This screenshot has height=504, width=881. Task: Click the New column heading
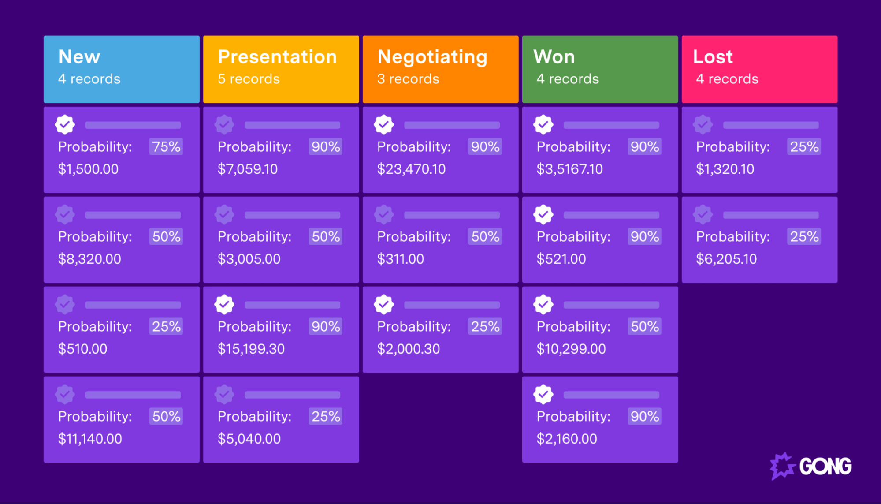point(79,57)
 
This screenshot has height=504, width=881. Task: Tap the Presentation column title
point(277,57)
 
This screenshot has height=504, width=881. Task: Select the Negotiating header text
point(432,57)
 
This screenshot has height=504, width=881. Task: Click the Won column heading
point(554,57)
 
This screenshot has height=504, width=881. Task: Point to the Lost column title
point(713,57)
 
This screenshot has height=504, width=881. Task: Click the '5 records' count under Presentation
point(249,79)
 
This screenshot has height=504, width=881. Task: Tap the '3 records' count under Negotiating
point(408,79)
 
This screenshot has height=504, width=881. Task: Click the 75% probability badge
point(166,147)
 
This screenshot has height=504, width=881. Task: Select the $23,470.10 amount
point(411,169)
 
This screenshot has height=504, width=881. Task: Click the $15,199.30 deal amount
point(251,349)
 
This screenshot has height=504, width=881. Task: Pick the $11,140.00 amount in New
point(90,439)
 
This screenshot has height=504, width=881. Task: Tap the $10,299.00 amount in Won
point(571,349)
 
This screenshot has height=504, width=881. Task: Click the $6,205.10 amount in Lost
point(726,259)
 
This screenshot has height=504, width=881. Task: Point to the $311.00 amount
point(400,259)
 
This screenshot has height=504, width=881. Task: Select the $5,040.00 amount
point(249,439)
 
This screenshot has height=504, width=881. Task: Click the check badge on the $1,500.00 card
point(65,125)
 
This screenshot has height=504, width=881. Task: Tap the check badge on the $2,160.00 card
point(543,395)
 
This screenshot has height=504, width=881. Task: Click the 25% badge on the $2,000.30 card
point(485,327)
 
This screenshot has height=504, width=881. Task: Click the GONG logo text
point(825,467)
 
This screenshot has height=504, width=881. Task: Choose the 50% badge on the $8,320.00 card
point(166,237)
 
